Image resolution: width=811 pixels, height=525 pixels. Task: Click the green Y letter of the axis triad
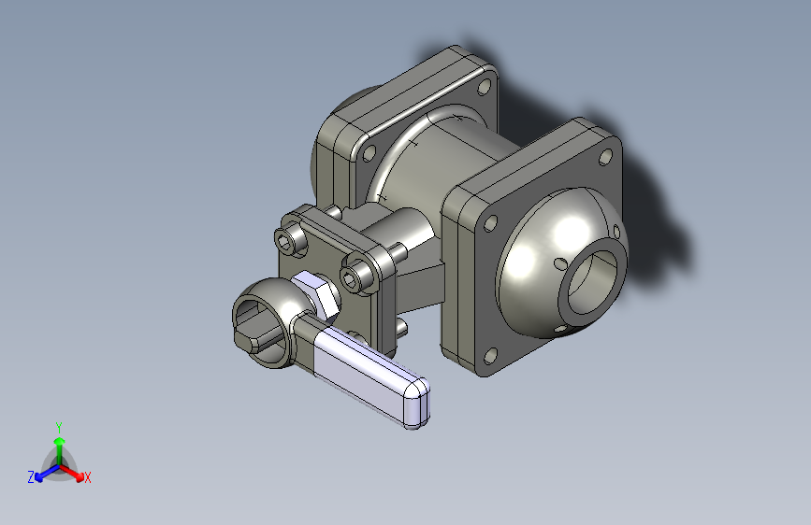59,427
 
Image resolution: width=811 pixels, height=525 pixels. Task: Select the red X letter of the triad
87,477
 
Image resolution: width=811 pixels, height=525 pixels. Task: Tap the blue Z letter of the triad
31,477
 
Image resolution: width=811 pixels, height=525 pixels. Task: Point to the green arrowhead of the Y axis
60,441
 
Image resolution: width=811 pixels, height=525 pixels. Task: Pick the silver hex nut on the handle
316,293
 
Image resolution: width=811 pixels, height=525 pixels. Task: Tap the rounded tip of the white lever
416,403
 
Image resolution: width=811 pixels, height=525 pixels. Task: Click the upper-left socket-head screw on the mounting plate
290,239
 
